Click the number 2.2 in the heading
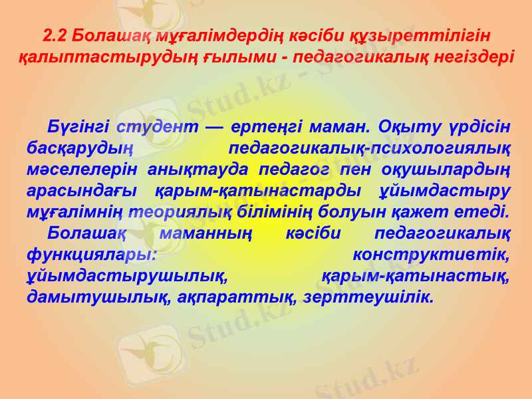tap(55, 34)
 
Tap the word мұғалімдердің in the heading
tap(213, 34)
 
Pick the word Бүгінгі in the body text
tap(77, 127)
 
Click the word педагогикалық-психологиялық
tap(369, 148)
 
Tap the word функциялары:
tap(92, 254)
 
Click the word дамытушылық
tap(98, 297)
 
